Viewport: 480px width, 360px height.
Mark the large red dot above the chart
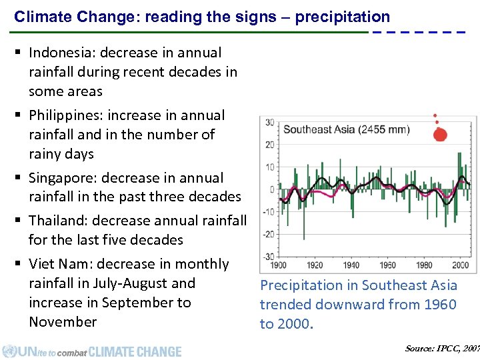(x=440, y=135)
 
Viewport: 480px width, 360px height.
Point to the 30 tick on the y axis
(x=270, y=123)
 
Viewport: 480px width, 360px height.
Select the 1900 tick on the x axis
(x=278, y=265)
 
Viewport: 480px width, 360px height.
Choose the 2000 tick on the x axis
(x=460, y=265)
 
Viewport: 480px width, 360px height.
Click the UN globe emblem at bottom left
(x=9, y=351)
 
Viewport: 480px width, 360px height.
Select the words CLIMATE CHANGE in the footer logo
(x=135, y=351)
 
